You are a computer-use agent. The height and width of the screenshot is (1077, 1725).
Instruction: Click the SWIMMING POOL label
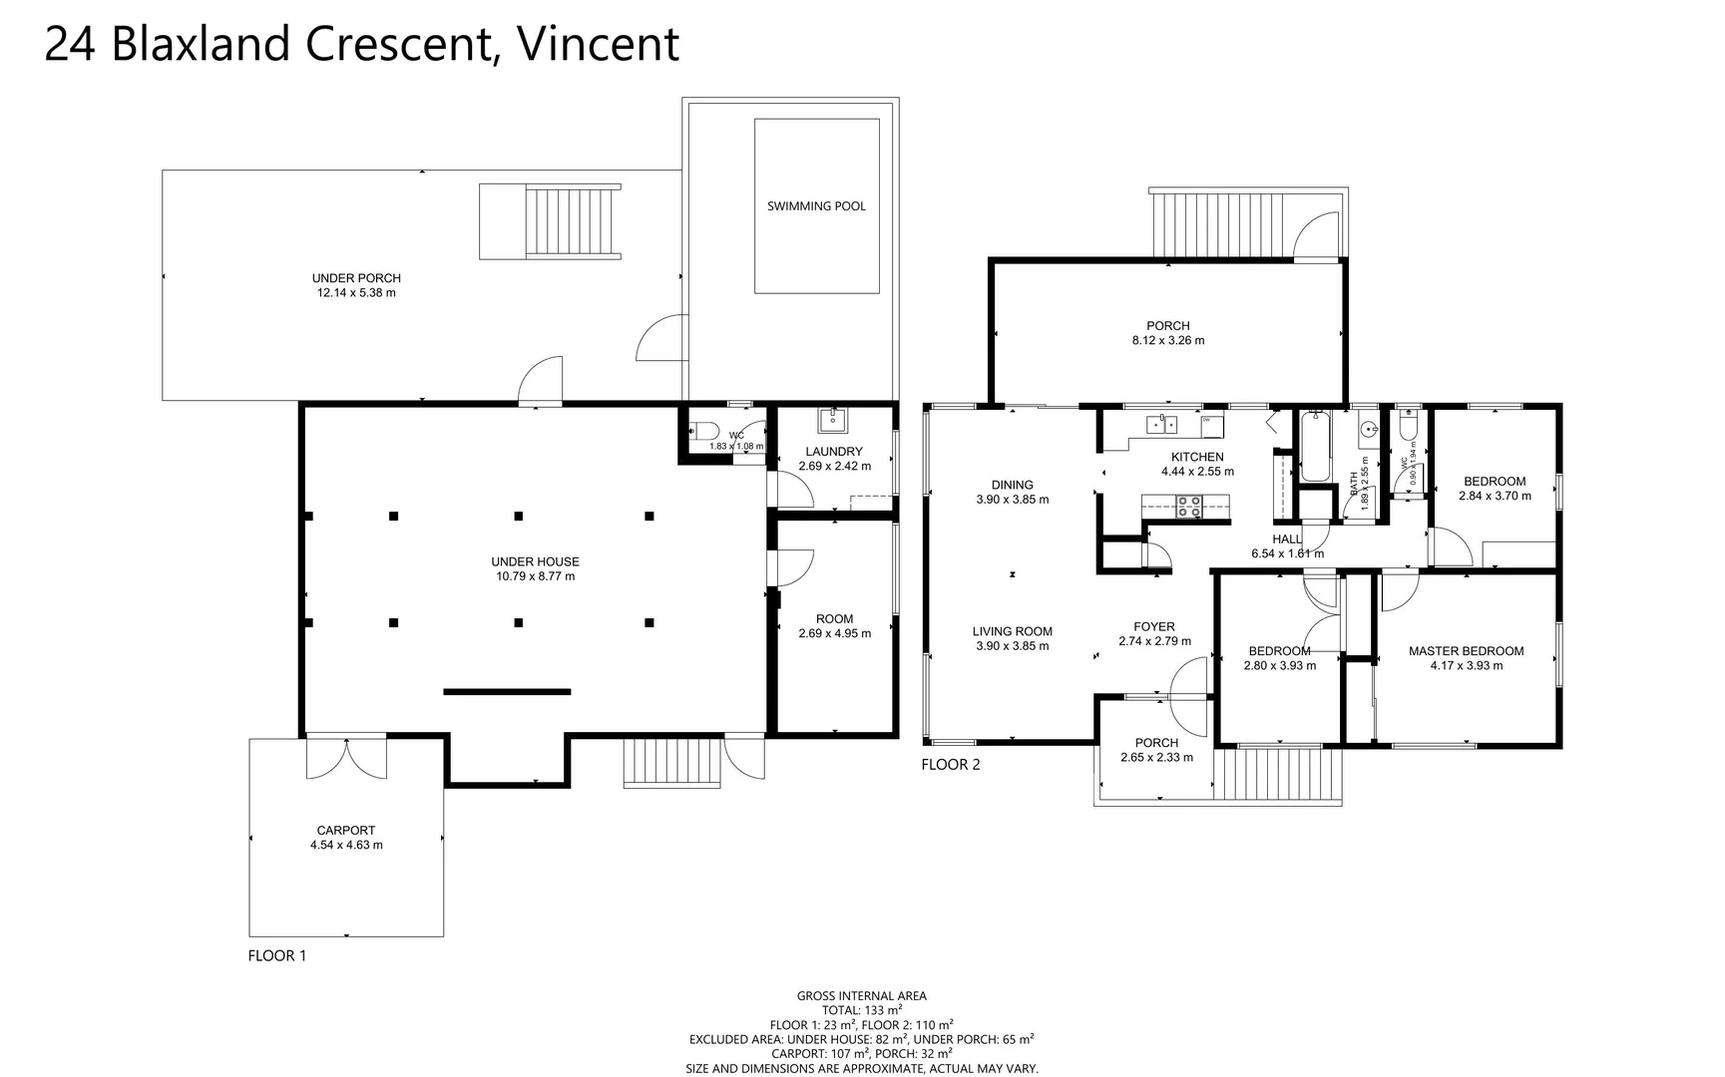(x=816, y=206)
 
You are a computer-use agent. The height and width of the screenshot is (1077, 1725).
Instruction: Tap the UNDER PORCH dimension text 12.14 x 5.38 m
(x=356, y=293)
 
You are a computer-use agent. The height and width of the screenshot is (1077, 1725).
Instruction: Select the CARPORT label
(x=346, y=830)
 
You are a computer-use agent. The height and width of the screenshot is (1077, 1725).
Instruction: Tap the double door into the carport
(x=346, y=759)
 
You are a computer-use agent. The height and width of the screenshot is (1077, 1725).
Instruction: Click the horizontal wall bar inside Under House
(x=507, y=691)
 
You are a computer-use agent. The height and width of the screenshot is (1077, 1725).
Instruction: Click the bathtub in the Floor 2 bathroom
(x=1315, y=448)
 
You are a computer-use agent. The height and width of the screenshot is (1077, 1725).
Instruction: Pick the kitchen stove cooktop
(x=1188, y=507)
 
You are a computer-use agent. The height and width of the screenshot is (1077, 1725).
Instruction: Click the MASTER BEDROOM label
(x=1466, y=651)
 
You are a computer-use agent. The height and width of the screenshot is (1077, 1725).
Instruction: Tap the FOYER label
(x=1154, y=627)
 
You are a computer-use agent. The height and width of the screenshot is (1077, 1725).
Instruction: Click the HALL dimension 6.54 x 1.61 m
(x=1287, y=553)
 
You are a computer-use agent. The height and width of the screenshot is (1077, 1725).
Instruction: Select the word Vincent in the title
(x=599, y=44)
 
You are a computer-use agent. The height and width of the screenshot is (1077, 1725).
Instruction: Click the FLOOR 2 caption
(x=951, y=765)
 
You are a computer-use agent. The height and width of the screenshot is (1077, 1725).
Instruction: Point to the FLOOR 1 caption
(x=277, y=955)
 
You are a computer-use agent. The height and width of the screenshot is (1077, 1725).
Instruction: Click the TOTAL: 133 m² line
(x=861, y=1010)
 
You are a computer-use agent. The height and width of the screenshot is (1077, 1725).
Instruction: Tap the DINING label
(x=1012, y=485)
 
